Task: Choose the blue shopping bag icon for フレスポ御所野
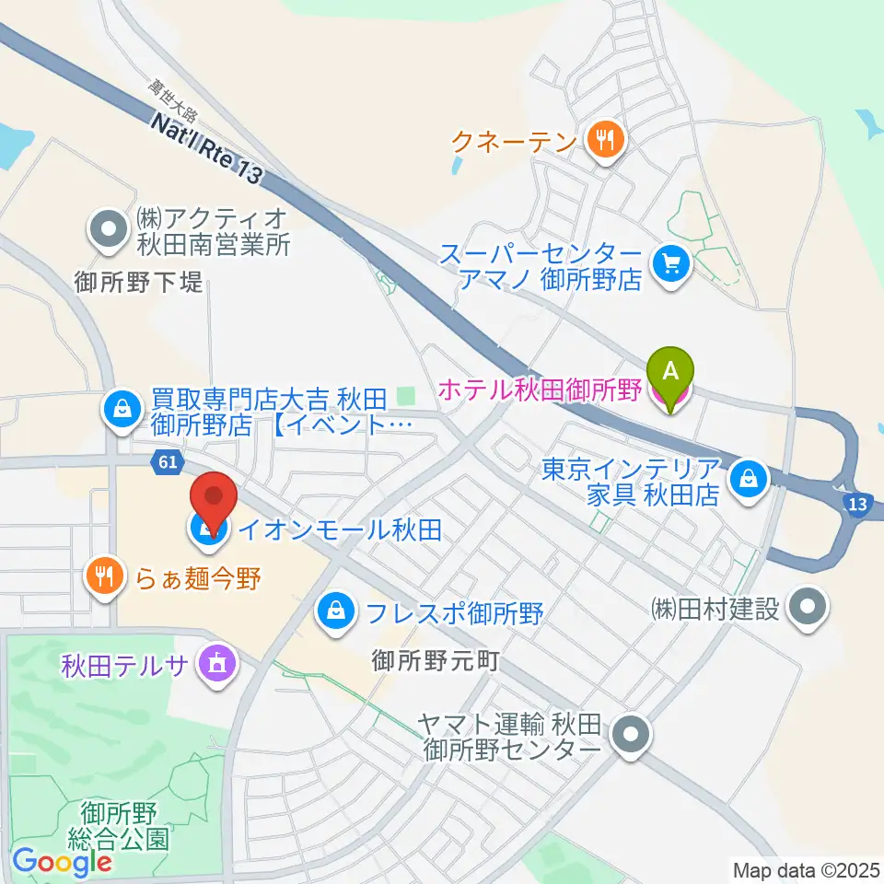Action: (x=338, y=611)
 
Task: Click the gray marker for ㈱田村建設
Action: (x=810, y=607)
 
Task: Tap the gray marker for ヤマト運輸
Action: (x=632, y=737)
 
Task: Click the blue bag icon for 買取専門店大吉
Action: (x=122, y=411)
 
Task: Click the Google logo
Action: (x=62, y=862)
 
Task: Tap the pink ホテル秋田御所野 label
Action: (x=539, y=390)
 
